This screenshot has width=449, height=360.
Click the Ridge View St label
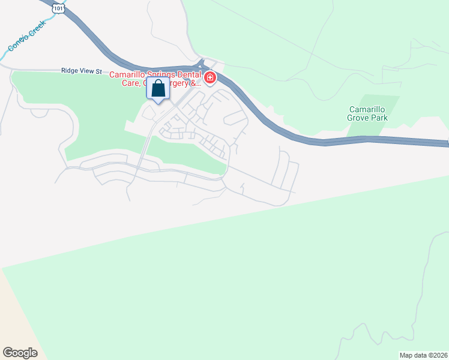click(82, 71)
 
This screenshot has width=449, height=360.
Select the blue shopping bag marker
click(158, 89)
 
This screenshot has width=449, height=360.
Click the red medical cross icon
click(210, 78)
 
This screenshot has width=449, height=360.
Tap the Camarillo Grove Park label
click(368, 113)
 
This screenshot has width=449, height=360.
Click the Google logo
click(19, 353)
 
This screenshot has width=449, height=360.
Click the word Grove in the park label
click(361, 118)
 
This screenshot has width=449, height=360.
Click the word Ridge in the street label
click(70, 71)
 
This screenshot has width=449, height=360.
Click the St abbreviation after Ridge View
click(99, 71)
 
